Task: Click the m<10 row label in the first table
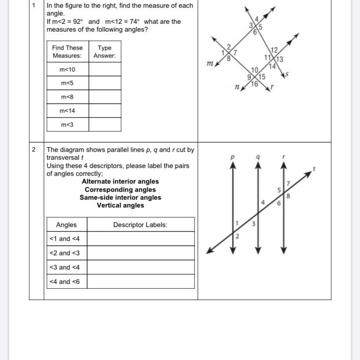(x=67, y=69)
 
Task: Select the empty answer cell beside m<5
(x=105, y=83)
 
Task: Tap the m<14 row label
(x=67, y=111)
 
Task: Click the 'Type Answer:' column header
(x=105, y=52)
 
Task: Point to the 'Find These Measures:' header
(x=67, y=52)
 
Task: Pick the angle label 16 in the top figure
(x=255, y=84)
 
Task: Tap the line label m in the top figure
(x=210, y=64)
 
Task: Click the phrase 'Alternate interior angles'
(x=120, y=182)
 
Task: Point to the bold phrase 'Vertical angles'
(x=120, y=205)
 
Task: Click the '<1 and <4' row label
(x=64, y=239)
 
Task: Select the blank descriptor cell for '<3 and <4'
(x=140, y=267)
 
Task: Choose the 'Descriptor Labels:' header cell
(x=140, y=225)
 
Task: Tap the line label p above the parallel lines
(x=233, y=156)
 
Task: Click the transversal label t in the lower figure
(x=313, y=168)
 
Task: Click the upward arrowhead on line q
(x=258, y=165)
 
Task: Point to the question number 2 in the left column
(x=34, y=149)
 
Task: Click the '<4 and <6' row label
(x=64, y=281)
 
